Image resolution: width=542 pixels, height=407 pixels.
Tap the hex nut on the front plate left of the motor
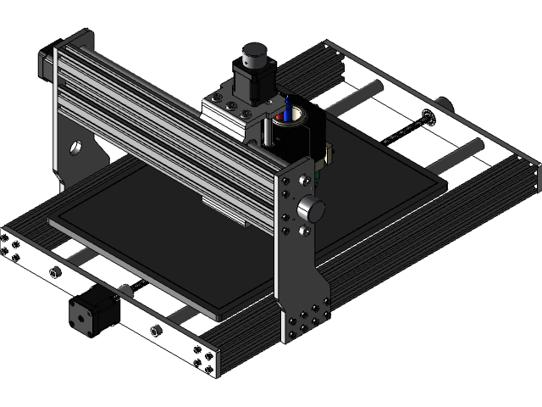click(x=56, y=271)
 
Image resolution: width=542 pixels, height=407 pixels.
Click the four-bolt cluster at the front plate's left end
click(x=11, y=248)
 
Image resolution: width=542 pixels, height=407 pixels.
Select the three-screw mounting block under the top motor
click(x=227, y=111)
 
